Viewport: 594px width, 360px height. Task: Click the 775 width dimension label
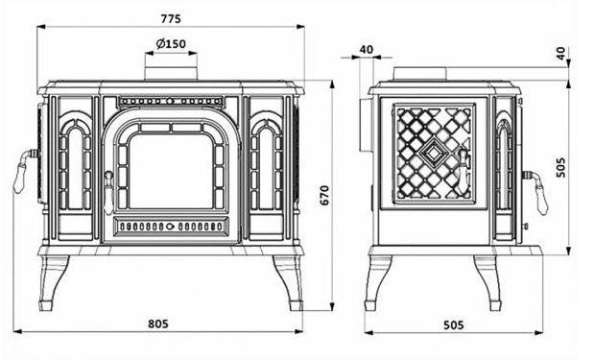click(x=171, y=18)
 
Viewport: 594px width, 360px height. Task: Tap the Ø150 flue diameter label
click(x=171, y=44)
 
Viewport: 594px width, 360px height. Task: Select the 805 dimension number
click(x=158, y=324)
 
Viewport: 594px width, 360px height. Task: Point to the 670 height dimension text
click(x=325, y=195)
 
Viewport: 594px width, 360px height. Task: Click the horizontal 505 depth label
click(x=453, y=324)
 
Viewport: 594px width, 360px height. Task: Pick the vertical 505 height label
click(x=561, y=167)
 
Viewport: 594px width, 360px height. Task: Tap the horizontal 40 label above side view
click(x=366, y=49)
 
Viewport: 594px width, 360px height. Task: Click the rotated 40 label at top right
click(x=561, y=52)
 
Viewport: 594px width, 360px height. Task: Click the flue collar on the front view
click(x=171, y=74)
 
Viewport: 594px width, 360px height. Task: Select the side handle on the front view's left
click(x=23, y=171)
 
